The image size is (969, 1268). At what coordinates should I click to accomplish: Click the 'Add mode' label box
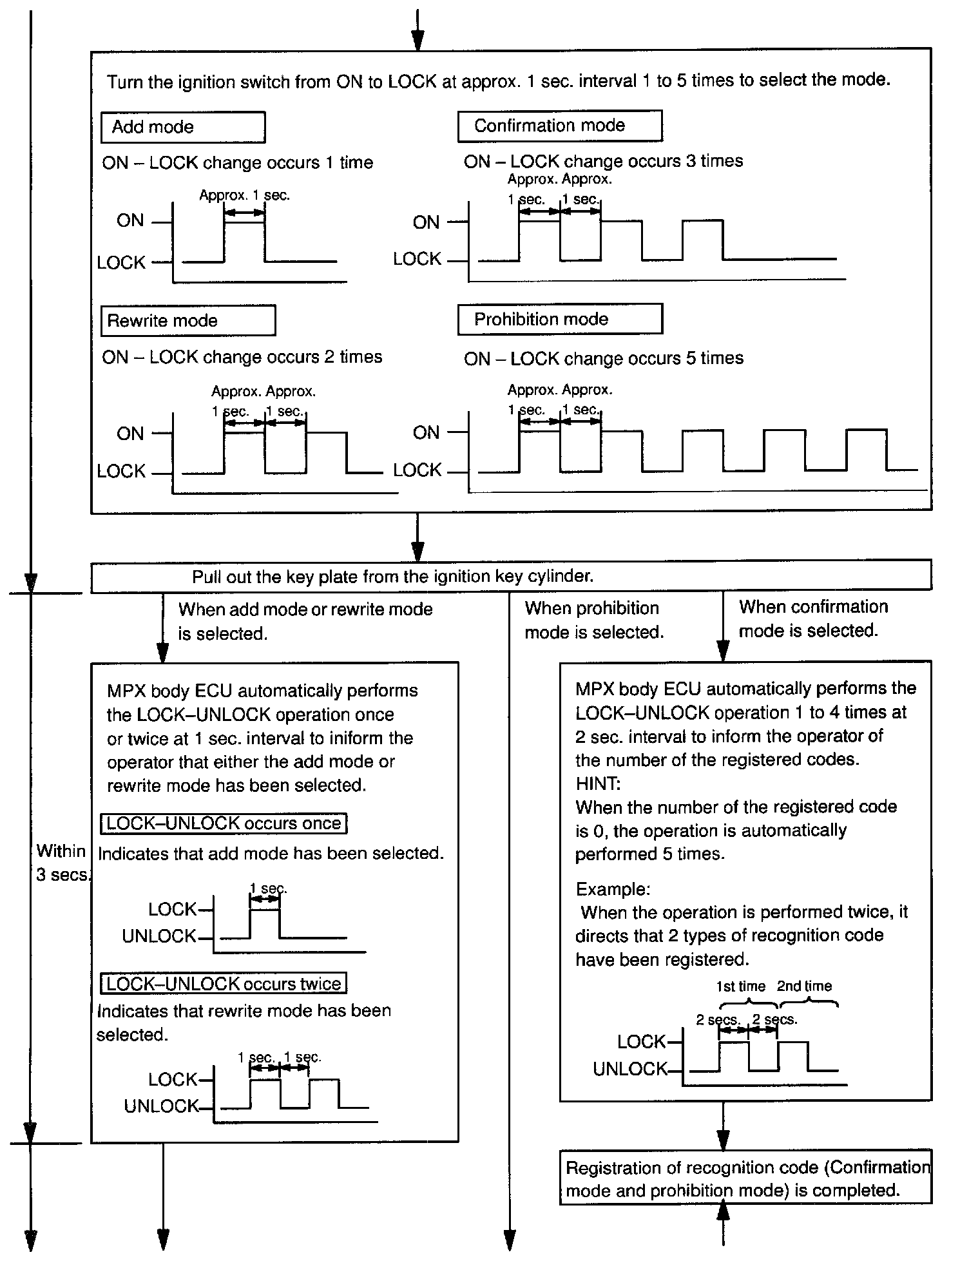(x=183, y=127)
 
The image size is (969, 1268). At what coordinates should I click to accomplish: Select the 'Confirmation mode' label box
(x=559, y=126)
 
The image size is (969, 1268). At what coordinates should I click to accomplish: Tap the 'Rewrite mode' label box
(x=188, y=321)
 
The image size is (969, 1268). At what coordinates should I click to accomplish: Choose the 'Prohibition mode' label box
(x=559, y=320)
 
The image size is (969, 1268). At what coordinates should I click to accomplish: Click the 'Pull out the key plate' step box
(x=511, y=576)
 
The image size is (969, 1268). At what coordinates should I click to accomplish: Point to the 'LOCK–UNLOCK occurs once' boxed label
(x=224, y=823)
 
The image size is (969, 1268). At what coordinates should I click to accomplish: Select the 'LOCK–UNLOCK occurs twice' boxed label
(x=224, y=984)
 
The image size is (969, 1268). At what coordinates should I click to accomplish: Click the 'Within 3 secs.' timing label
(x=61, y=863)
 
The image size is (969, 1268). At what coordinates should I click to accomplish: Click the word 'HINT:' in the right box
(x=598, y=783)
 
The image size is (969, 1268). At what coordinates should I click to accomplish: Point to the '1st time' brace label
(x=740, y=986)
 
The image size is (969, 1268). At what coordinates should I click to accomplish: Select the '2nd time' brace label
(x=804, y=986)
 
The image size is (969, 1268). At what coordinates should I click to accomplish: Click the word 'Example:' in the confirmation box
(x=613, y=889)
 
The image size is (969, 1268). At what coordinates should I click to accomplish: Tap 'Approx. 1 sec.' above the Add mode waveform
(x=244, y=195)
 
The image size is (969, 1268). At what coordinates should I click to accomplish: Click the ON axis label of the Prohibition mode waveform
(x=426, y=433)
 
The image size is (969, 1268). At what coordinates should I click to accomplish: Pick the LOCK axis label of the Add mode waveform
(x=121, y=263)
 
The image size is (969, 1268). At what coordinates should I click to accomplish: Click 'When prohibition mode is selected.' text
(x=593, y=620)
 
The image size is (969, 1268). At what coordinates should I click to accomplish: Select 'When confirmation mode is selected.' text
(x=812, y=619)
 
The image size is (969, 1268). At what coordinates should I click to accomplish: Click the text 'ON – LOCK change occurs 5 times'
(x=603, y=358)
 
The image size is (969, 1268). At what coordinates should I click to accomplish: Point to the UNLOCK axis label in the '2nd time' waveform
(x=629, y=1070)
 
